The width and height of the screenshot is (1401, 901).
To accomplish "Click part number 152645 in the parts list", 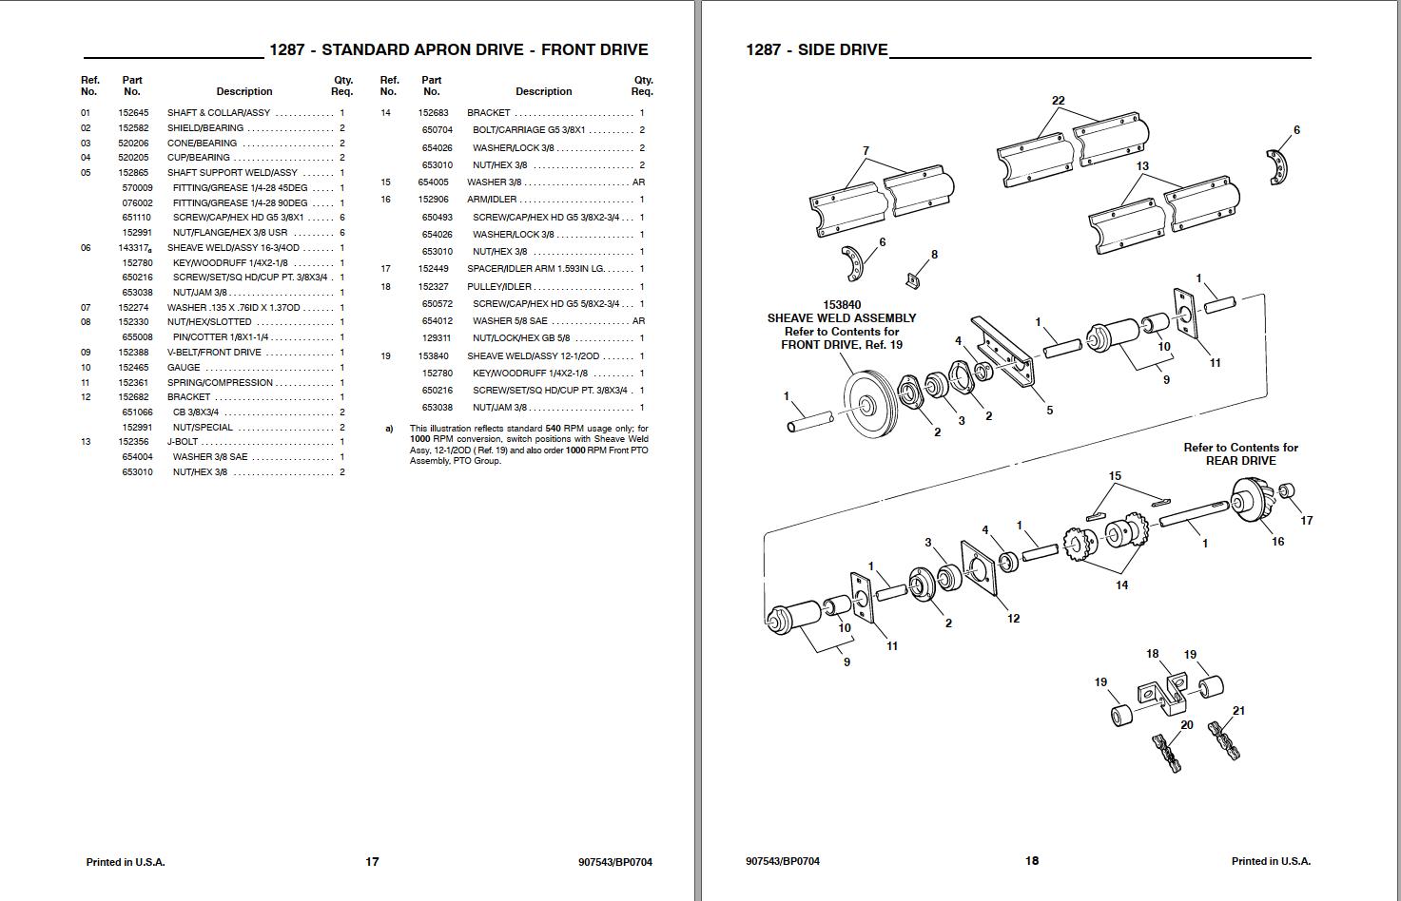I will click(133, 113).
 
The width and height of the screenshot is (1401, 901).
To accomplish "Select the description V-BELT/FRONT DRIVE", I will click(214, 353).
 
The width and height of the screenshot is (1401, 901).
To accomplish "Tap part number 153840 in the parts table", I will click(433, 356).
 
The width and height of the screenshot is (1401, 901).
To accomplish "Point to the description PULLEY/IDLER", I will click(498, 287).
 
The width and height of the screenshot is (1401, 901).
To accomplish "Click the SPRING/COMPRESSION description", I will click(220, 383).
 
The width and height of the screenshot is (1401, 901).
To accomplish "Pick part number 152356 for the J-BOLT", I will click(133, 442).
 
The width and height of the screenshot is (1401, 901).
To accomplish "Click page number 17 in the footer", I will click(372, 862).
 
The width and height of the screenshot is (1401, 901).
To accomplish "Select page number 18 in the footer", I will click(1032, 861).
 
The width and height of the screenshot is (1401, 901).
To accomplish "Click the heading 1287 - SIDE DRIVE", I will click(816, 50).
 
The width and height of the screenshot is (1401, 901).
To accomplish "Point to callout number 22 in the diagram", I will click(1058, 101).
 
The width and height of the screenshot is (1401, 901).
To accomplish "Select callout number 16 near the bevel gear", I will click(1277, 542).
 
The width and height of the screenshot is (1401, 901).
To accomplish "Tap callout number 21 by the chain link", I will click(1238, 711).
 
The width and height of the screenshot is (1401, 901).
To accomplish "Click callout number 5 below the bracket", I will click(1049, 411).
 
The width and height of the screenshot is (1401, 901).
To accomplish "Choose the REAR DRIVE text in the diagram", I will click(1240, 461).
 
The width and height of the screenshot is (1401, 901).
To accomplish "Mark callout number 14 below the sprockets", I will click(1121, 585).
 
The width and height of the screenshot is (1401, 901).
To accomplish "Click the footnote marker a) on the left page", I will click(389, 429).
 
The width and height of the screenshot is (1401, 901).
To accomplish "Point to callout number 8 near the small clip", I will click(934, 255).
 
